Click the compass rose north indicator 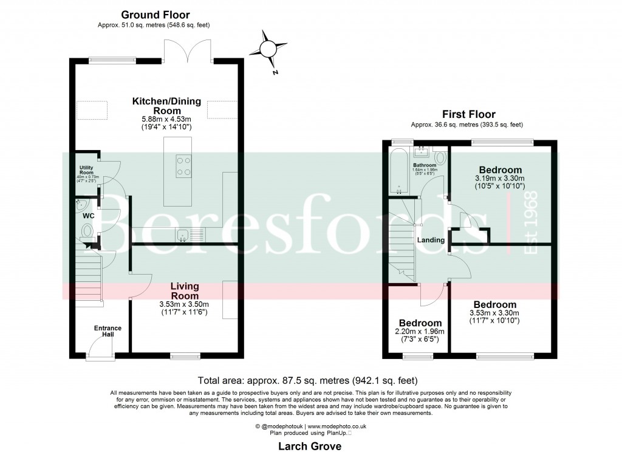[267, 50]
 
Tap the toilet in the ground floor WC [86, 231]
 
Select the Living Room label [184, 290]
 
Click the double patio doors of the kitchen [188, 52]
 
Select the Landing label [431, 240]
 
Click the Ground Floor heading [155, 15]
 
